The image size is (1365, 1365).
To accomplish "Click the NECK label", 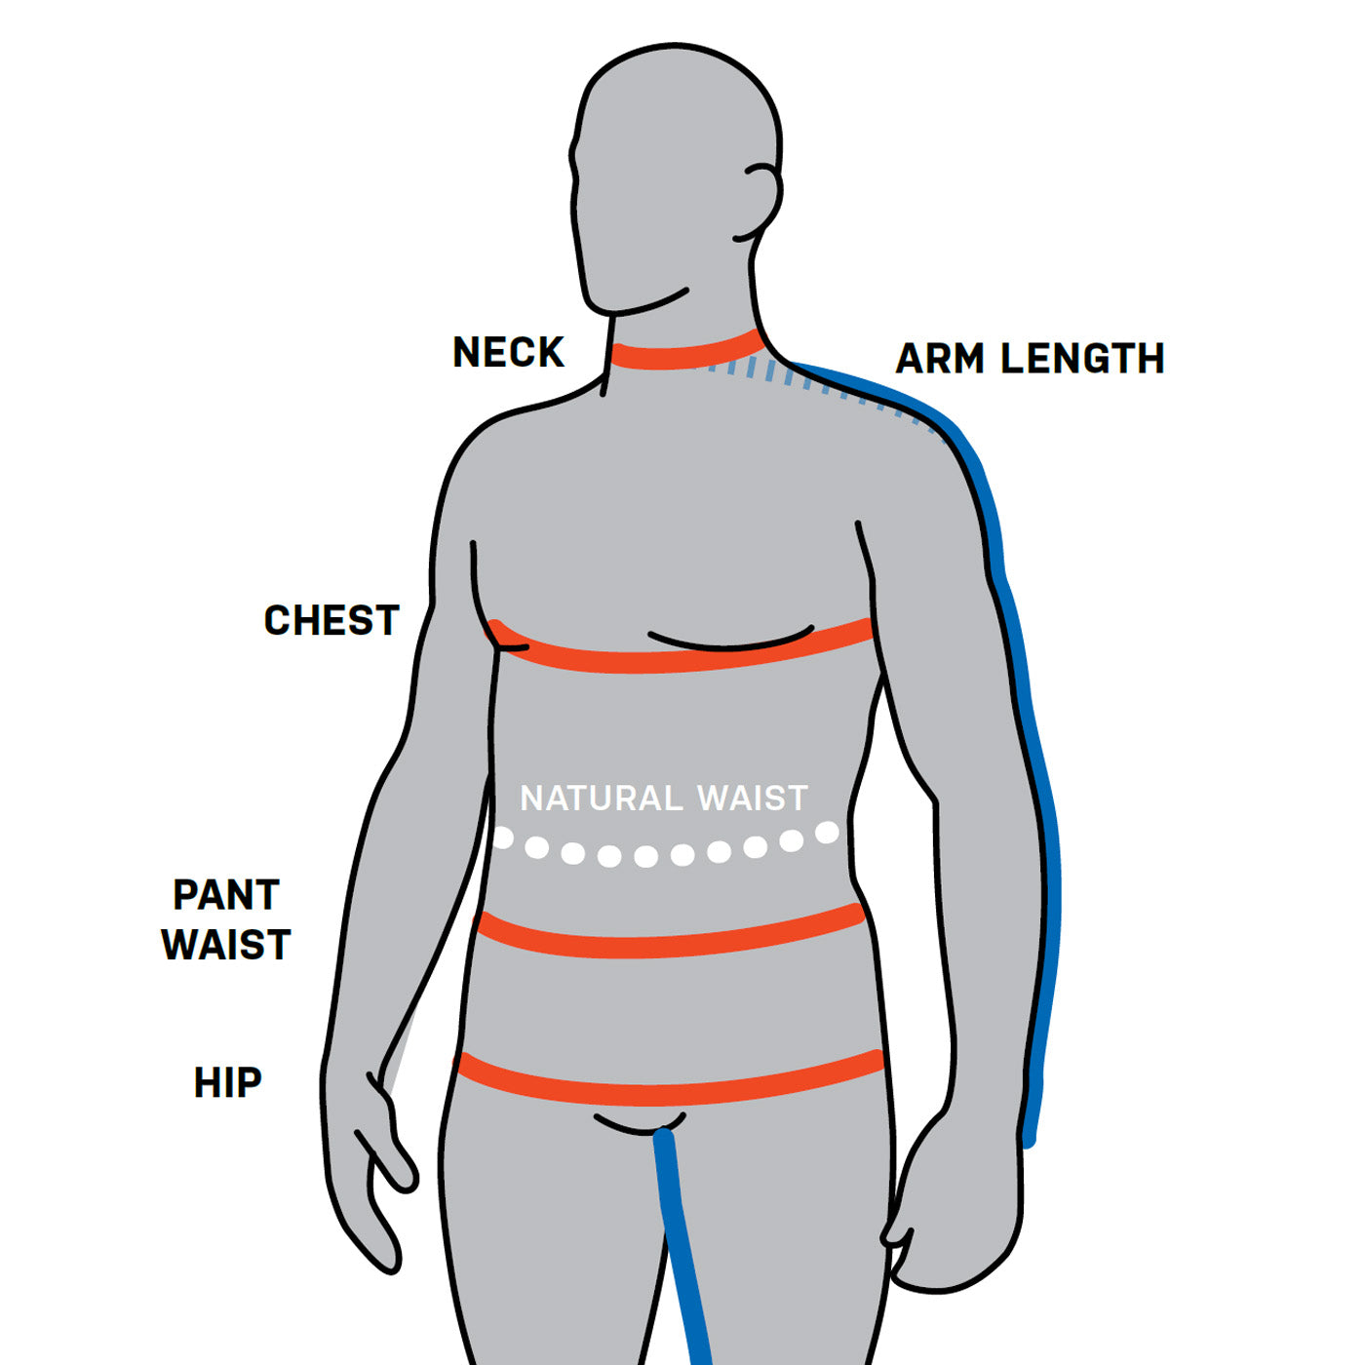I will [x=508, y=352].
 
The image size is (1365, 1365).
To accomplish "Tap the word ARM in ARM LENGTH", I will [x=940, y=359].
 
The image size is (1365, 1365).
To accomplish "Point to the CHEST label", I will [x=331, y=621].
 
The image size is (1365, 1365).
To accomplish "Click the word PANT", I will [x=226, y=895].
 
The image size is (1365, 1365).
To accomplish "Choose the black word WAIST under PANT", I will [x=226, y=945].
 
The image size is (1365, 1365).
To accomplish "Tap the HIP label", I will [x=228, y=1083].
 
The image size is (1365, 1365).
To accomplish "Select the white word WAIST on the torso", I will [x=753, y=799].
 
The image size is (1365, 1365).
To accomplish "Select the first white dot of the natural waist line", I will [x=503, y=838].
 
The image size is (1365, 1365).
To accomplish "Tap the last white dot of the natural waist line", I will [x=827, y=833].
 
